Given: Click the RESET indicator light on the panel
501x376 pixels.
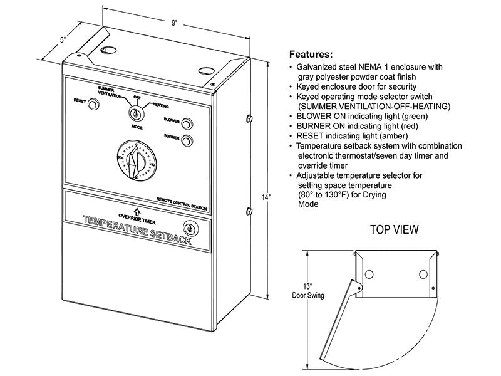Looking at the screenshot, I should coord(93,105).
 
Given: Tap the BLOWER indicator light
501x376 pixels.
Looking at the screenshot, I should coord(186,123).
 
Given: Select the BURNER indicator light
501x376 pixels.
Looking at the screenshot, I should coord(186,141).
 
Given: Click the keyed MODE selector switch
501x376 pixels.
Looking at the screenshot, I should coord(136,113).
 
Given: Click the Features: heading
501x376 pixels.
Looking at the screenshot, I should coord(311,55).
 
